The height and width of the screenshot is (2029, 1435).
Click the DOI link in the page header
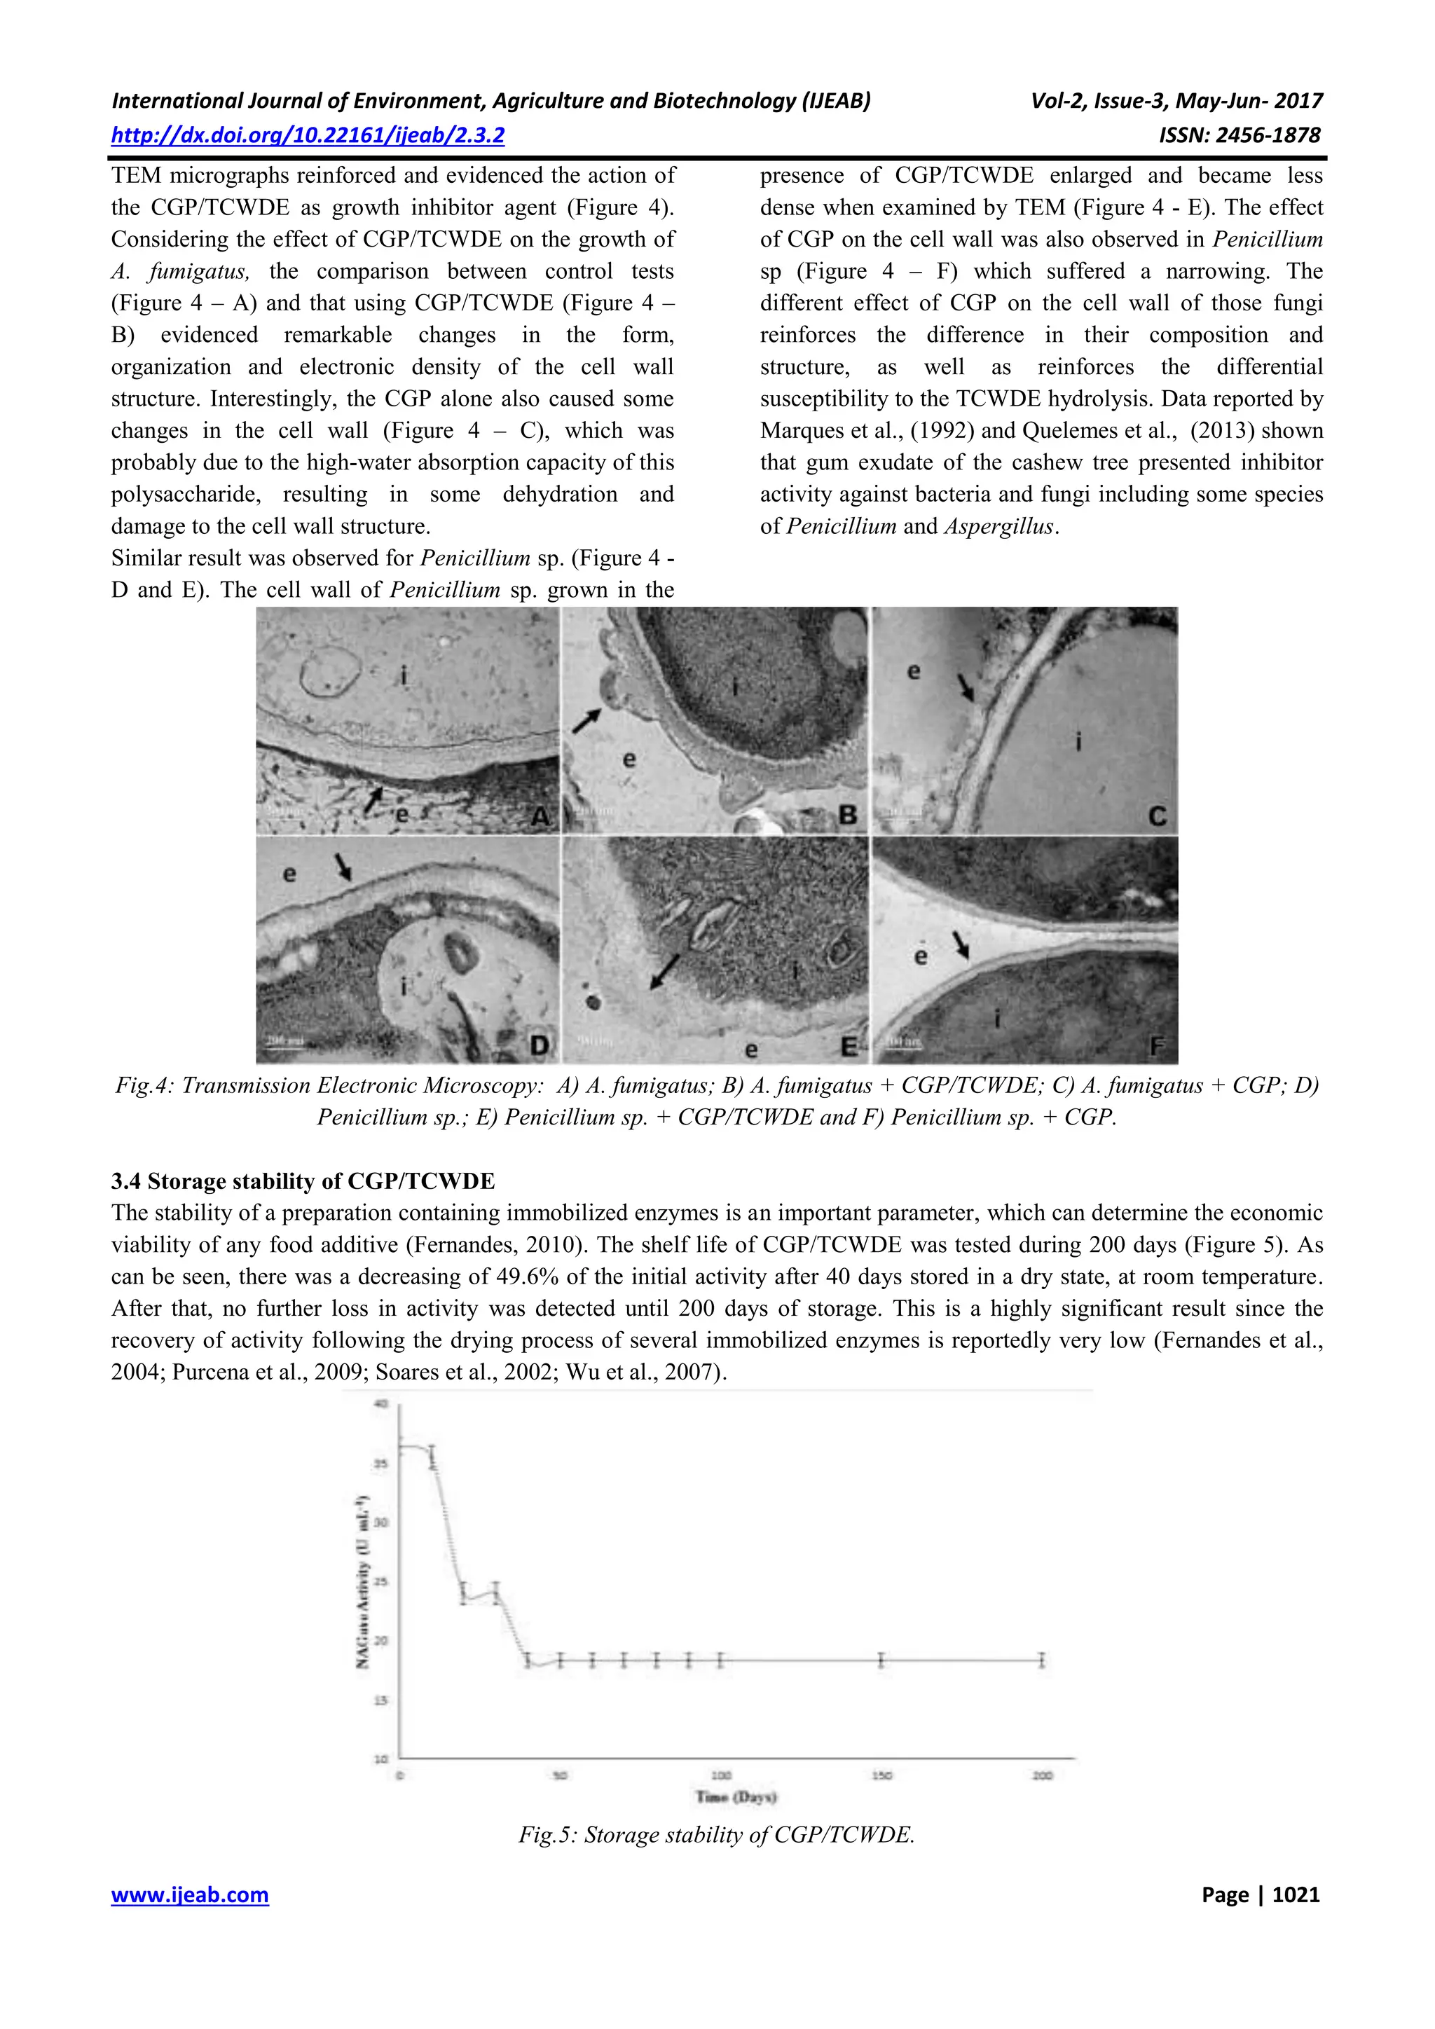pos(308,135)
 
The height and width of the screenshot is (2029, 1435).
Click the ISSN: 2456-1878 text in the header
pos(1239,135)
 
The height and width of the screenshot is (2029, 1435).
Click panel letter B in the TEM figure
pos(847,814)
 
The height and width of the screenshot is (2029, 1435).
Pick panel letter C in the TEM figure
pos(1157,816)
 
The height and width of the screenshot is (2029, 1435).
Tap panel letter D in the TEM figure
pos(539,1045)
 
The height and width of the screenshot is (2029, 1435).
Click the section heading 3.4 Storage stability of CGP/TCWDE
pos(302,1181)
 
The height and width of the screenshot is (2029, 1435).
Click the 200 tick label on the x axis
pos(1043,1775)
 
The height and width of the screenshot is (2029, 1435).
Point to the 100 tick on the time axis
pos(721,1775)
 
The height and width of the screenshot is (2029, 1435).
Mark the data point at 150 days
pos(881,1660)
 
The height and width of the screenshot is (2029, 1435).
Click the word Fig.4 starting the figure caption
pos(145,1085)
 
